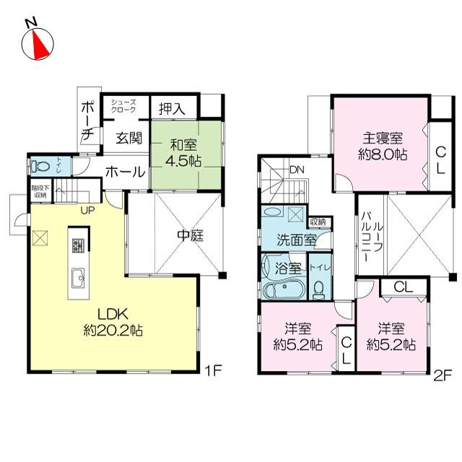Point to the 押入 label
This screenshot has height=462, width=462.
click(173, 109)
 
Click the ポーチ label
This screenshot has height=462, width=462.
click(87, 120)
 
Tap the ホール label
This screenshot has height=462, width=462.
click(124, 173)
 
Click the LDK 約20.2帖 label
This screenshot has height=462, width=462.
click(113, 322)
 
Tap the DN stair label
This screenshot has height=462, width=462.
click(296, 170)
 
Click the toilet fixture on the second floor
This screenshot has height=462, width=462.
click(318, 287)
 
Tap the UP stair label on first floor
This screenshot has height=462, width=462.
click(88, 210)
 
